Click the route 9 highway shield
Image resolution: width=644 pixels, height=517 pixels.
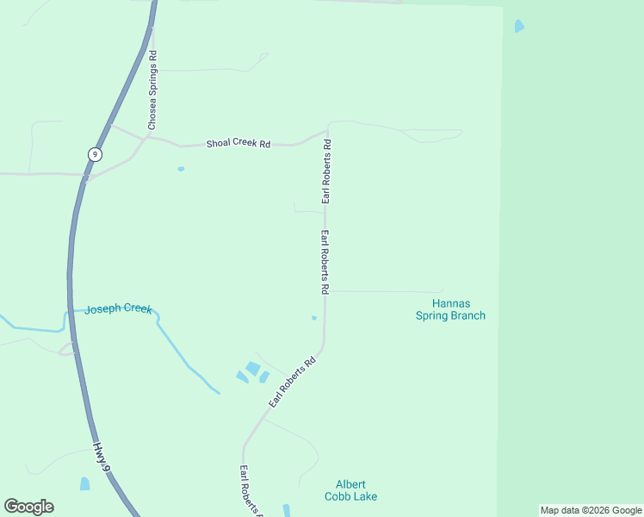tap(95, 154)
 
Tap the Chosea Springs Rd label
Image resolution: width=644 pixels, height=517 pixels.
tap(152, 90)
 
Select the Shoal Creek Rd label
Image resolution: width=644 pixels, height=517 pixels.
tap(238, 144)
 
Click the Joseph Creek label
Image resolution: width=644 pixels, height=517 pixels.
tap(118, 308)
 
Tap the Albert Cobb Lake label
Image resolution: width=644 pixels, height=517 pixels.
tap(350, 490)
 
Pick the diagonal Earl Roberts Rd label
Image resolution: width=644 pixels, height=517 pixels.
tap(293, 383)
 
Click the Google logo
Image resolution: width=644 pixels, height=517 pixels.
tap(28, 507)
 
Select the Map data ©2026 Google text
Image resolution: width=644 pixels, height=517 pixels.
tap(591, 510)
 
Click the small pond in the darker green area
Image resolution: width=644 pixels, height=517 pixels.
tap(518, 26)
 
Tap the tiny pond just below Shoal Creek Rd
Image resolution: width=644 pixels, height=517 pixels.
tap(181, 169)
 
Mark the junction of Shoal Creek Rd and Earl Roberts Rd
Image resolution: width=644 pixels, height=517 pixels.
tap(327, 134)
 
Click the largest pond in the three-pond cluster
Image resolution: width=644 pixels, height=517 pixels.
tap(252, 368)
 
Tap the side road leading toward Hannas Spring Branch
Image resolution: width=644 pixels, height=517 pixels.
tap(387, 291)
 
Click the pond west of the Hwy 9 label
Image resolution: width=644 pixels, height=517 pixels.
tap(84, 483)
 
